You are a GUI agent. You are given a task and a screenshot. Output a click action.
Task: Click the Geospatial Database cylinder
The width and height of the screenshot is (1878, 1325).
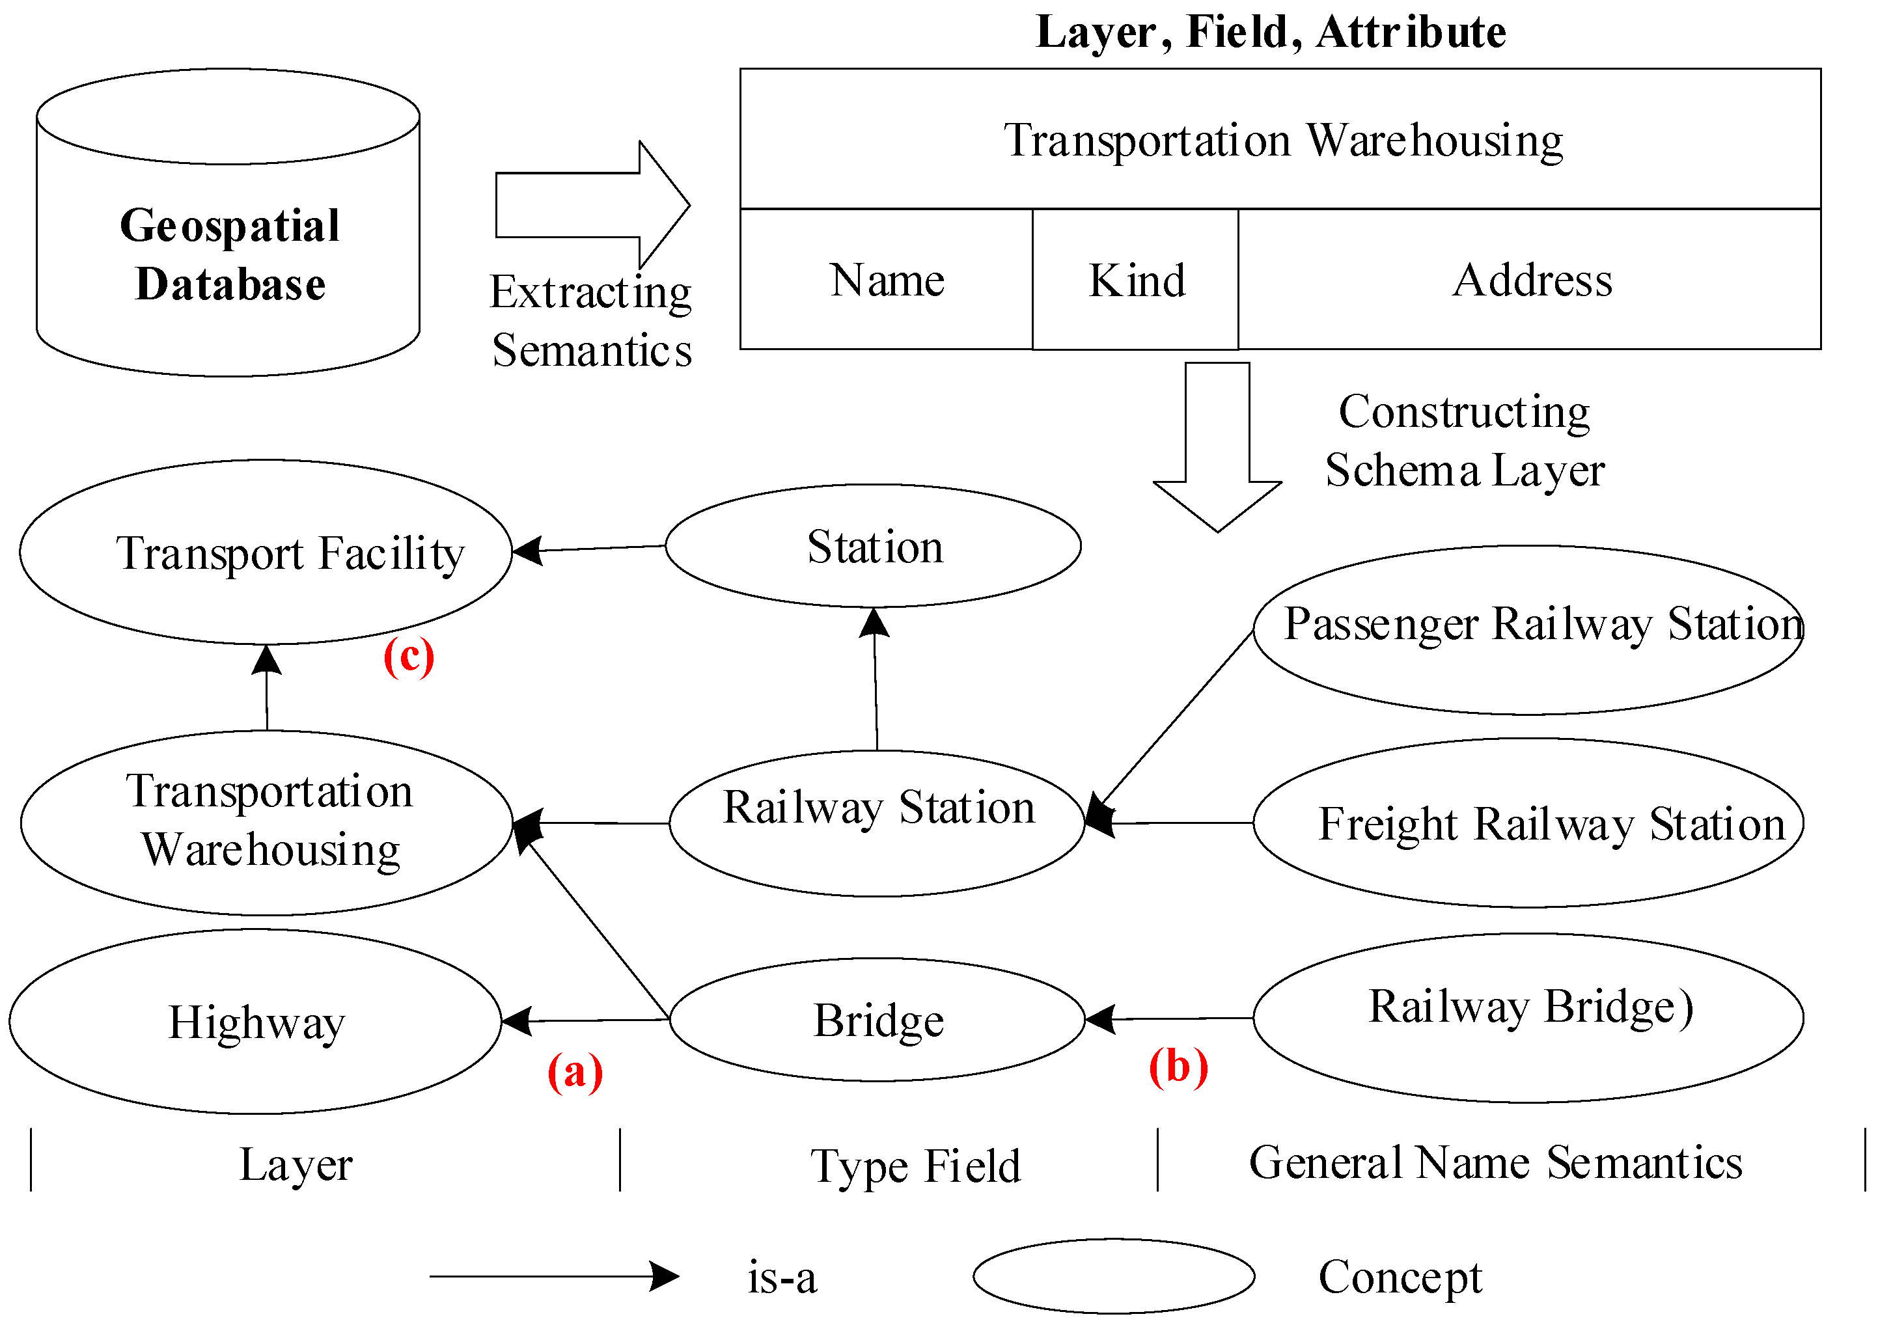228,245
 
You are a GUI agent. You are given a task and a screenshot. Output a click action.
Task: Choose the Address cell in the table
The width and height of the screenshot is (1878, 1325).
1530,280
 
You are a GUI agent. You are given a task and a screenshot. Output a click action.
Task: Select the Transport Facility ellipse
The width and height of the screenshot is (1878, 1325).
266,552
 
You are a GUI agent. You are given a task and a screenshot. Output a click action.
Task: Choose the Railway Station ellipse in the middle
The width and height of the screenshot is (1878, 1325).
877,823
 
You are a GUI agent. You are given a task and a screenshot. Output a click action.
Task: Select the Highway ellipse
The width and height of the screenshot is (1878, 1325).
255,1022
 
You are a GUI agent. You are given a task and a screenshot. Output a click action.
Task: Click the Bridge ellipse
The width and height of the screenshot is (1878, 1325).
877,1020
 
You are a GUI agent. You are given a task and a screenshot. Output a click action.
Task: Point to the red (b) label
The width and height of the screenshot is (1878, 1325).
1178,1067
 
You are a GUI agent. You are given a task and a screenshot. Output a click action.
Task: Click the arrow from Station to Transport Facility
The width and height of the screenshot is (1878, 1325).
589,549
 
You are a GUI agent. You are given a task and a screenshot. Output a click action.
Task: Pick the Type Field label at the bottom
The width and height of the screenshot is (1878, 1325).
915,1166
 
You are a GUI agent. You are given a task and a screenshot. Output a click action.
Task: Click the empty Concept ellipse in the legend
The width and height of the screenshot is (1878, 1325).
1113,1276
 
